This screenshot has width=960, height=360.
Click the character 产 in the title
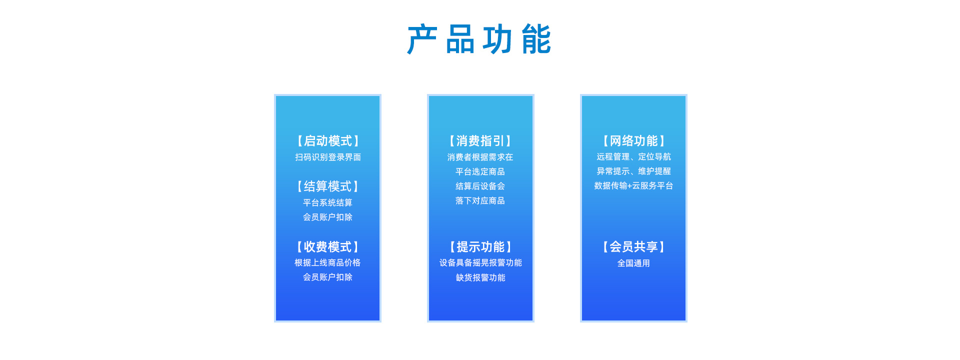click(x=422, y=39)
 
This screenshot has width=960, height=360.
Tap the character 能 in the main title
click(x=536, y=39)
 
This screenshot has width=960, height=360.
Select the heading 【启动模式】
click(x=327, y=141)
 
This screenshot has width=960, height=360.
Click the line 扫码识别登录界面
click(x=327, y=157)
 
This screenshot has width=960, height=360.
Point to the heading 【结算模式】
click(x=327, y=186)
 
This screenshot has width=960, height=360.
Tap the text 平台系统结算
click(x=327, y=202)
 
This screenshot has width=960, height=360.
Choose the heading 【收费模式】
click(x=327, y=247)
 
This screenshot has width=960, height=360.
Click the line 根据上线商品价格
click(x=327, y=262)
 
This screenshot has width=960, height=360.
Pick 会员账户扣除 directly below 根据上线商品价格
click(x=327, y=277)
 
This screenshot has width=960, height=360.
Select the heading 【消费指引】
click(x=480, y=141)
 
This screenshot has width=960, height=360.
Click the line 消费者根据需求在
click(x=480, y=157)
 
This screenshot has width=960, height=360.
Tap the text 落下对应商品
click(x=480, y=200)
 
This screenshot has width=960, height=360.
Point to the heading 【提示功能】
click(x=480, y=247)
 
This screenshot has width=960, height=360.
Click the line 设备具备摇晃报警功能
click(x=480, y=262)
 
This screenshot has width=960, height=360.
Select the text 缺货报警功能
click(x=480, y=277)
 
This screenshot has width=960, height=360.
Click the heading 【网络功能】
click(x=633, y=141)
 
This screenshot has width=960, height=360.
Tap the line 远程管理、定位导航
click(x=633, y=156)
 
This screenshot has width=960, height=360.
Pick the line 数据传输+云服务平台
click(x=633, y=185)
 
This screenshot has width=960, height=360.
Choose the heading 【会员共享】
click(x=633, y=247)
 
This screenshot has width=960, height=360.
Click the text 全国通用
click(x=633, y=263)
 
